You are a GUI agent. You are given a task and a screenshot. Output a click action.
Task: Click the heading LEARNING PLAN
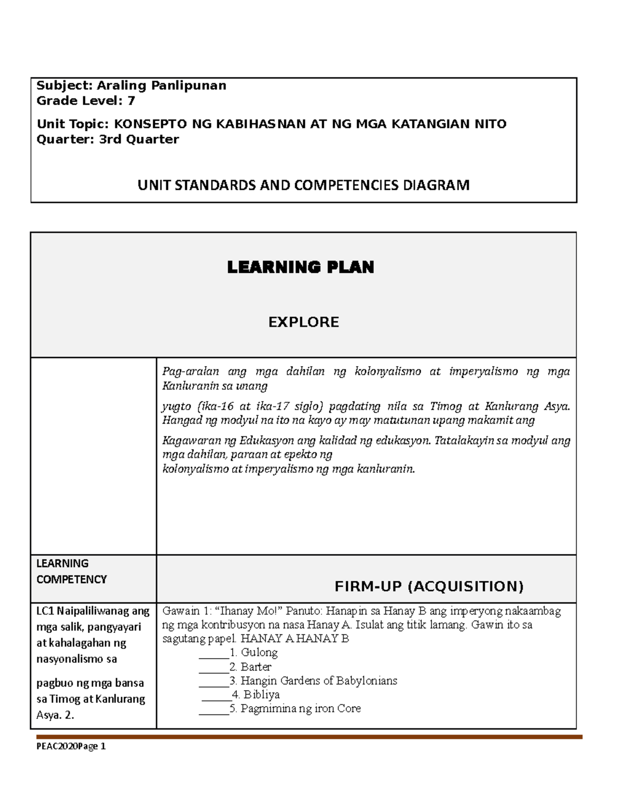301,267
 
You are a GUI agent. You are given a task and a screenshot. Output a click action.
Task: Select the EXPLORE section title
303,322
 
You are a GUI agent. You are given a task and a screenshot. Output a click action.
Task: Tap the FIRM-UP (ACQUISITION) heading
429,586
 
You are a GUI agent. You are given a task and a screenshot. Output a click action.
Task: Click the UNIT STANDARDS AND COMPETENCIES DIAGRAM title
303,185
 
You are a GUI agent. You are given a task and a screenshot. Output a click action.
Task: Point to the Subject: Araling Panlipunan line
131,86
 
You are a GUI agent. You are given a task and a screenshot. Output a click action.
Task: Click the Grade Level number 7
131,101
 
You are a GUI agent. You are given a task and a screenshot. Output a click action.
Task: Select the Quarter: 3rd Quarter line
108,139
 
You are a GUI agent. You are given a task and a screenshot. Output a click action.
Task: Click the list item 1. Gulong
254,652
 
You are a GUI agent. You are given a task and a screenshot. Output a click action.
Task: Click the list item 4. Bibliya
256,695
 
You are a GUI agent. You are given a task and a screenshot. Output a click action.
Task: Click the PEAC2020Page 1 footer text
71,746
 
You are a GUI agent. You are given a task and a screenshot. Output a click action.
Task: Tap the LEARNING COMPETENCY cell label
71,571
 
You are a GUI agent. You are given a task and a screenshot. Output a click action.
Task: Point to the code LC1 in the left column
45,611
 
